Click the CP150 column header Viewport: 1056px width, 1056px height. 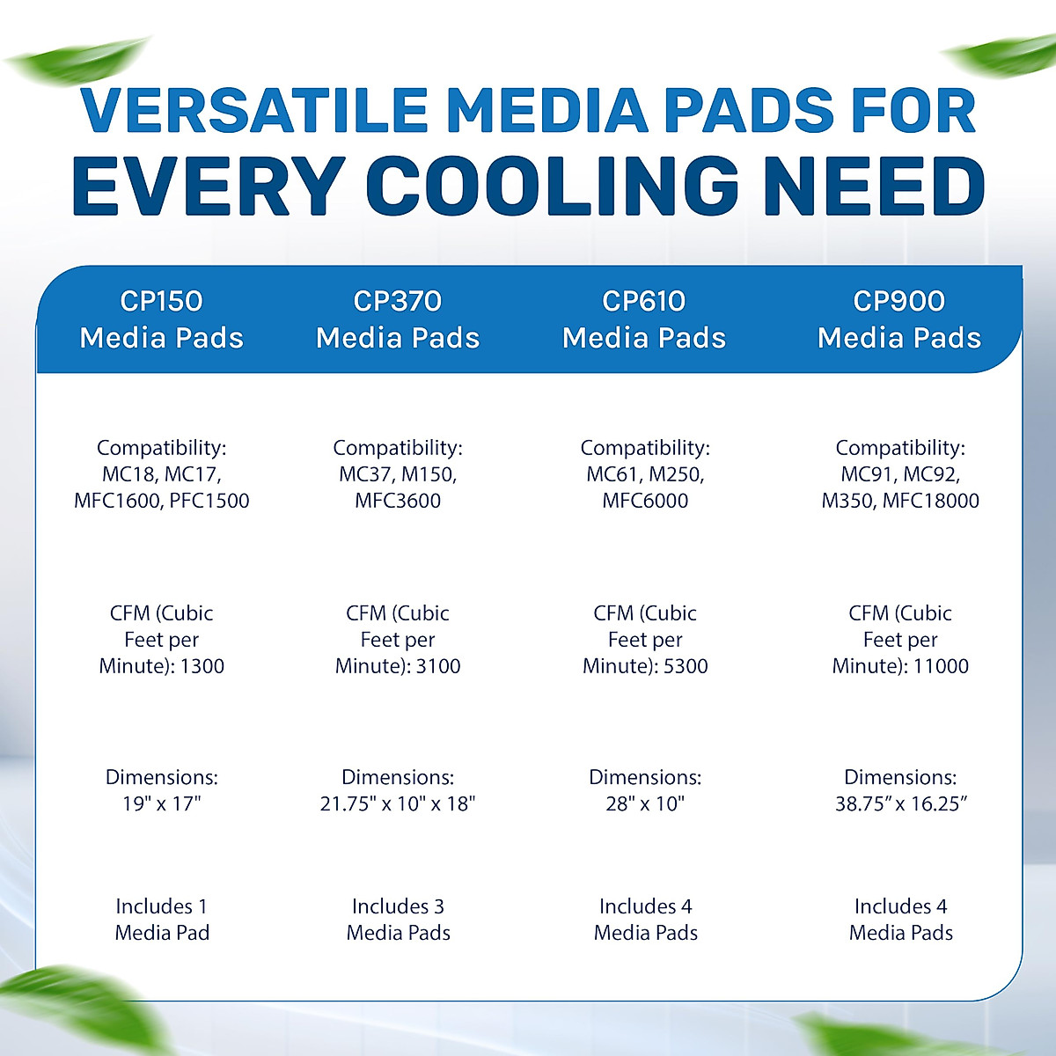tap(161, 319)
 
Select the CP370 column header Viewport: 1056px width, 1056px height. tap(398, 319)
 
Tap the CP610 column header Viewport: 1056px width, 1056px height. tap(644, 319)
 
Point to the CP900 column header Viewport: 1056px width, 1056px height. tap(899, 319)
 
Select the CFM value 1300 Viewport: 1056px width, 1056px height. tap(202, 666)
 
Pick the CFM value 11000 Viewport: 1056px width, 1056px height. tap(941, 666)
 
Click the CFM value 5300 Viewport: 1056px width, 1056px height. tap(686, 666)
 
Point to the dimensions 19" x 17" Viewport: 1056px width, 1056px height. tap(161, 803)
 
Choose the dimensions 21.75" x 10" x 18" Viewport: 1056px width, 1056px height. tap(398, 803)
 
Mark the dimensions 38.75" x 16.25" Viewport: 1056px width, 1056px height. tap(901, 803)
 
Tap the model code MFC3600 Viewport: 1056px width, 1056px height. tap(398, 501)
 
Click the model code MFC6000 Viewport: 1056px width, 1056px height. tap(645, 501)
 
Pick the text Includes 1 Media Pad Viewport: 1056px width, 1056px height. tap(162, 920)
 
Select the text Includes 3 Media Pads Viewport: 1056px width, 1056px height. tap(398, 920)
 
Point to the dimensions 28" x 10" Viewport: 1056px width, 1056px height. tap(645, 803)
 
